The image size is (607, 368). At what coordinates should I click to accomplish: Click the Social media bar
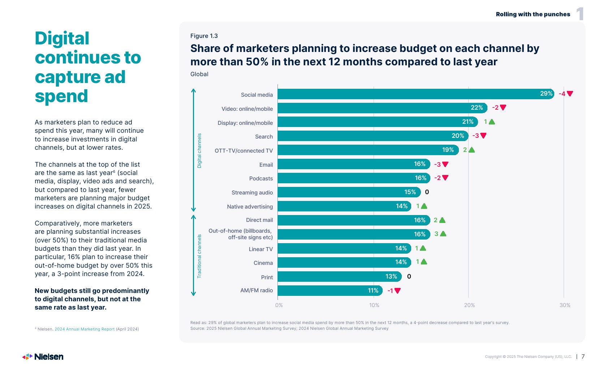click(x=416, y=94)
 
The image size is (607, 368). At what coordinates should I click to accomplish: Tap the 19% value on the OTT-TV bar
click(x=448, y=150)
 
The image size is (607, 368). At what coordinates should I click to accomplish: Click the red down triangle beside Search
click(x=483, y=136)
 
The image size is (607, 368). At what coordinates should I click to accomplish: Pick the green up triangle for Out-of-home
click(x=443, y=234)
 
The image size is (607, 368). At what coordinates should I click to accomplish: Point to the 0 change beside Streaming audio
click(x=427, y=192)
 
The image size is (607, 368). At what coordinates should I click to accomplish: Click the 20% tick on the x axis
click(x=469, y=305)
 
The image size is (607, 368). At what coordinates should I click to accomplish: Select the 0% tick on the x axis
click(x=279, y=305)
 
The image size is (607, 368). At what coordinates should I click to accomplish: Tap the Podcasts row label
click(x=261, y=179)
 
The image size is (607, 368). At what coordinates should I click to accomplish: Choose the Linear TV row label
click(x=261, y=249)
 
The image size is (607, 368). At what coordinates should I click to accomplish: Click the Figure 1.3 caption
click(x=204, y=36)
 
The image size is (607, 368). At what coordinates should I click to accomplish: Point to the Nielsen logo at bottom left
click(x=43, y=357)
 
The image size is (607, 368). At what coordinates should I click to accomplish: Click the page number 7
click(x=583, y=356)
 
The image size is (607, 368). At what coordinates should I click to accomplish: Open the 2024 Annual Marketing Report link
click(x=85, y=329)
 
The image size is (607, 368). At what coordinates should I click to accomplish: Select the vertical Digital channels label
click(x=199, y=150)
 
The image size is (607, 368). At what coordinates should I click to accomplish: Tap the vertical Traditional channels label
click(x=199, y=256)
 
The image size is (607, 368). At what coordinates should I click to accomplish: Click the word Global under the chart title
click(x=199, y=74)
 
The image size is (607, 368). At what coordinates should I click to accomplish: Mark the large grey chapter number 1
click(x=580, y=14)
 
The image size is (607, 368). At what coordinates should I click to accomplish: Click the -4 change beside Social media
click(x=562, y=94)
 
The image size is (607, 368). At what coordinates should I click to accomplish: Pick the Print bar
click(x=340, y=276)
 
